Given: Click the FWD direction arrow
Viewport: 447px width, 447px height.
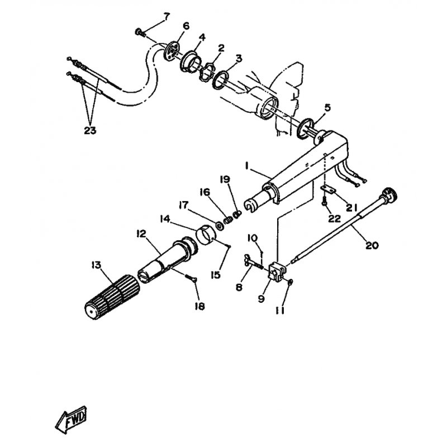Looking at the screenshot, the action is point(71,420).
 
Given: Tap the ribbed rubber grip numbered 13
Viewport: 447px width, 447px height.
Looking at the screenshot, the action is point(112,297).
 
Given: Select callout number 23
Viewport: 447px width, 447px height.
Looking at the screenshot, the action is point(90,131).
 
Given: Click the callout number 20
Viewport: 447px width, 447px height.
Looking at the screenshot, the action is point(372,245).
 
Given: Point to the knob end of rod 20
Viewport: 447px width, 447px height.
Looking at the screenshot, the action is point(389,194).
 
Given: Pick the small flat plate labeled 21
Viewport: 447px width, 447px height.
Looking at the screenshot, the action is point(329,190).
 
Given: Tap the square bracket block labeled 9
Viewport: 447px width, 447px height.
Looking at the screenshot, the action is point(276,272).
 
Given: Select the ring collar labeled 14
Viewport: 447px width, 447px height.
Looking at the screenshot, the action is point(206,235).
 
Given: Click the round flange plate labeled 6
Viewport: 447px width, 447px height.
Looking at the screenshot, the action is point(171,51).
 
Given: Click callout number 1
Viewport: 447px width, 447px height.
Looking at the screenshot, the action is point(247,165).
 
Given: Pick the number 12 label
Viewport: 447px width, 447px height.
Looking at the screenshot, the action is point(141,234).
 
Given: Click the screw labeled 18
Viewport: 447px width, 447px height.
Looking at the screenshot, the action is point(191,278).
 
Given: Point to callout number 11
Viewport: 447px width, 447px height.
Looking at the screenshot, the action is point(280,311).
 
